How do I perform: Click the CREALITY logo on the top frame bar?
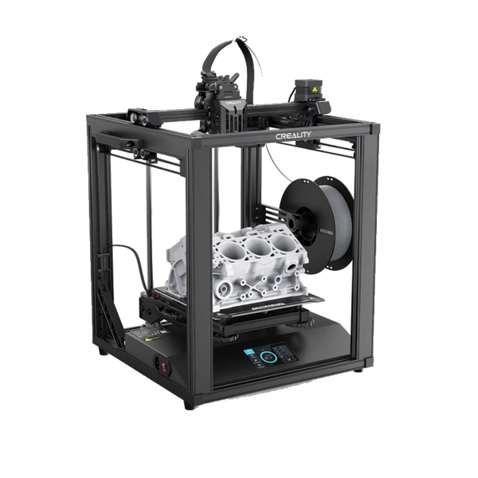point(298,137)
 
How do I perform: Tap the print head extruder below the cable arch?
point(227,112)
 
